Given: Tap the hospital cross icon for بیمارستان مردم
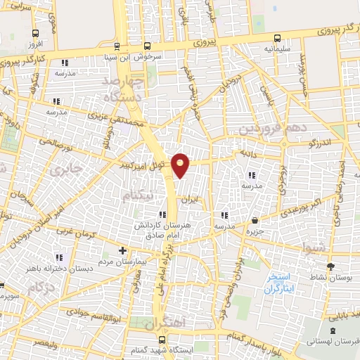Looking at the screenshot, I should [x=123, y=250].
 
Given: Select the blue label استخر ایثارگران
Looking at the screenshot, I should [x=281, y=283].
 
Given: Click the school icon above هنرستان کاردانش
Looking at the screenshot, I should [x=163, y=214].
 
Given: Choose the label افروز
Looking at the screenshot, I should [x=35, y=44].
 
